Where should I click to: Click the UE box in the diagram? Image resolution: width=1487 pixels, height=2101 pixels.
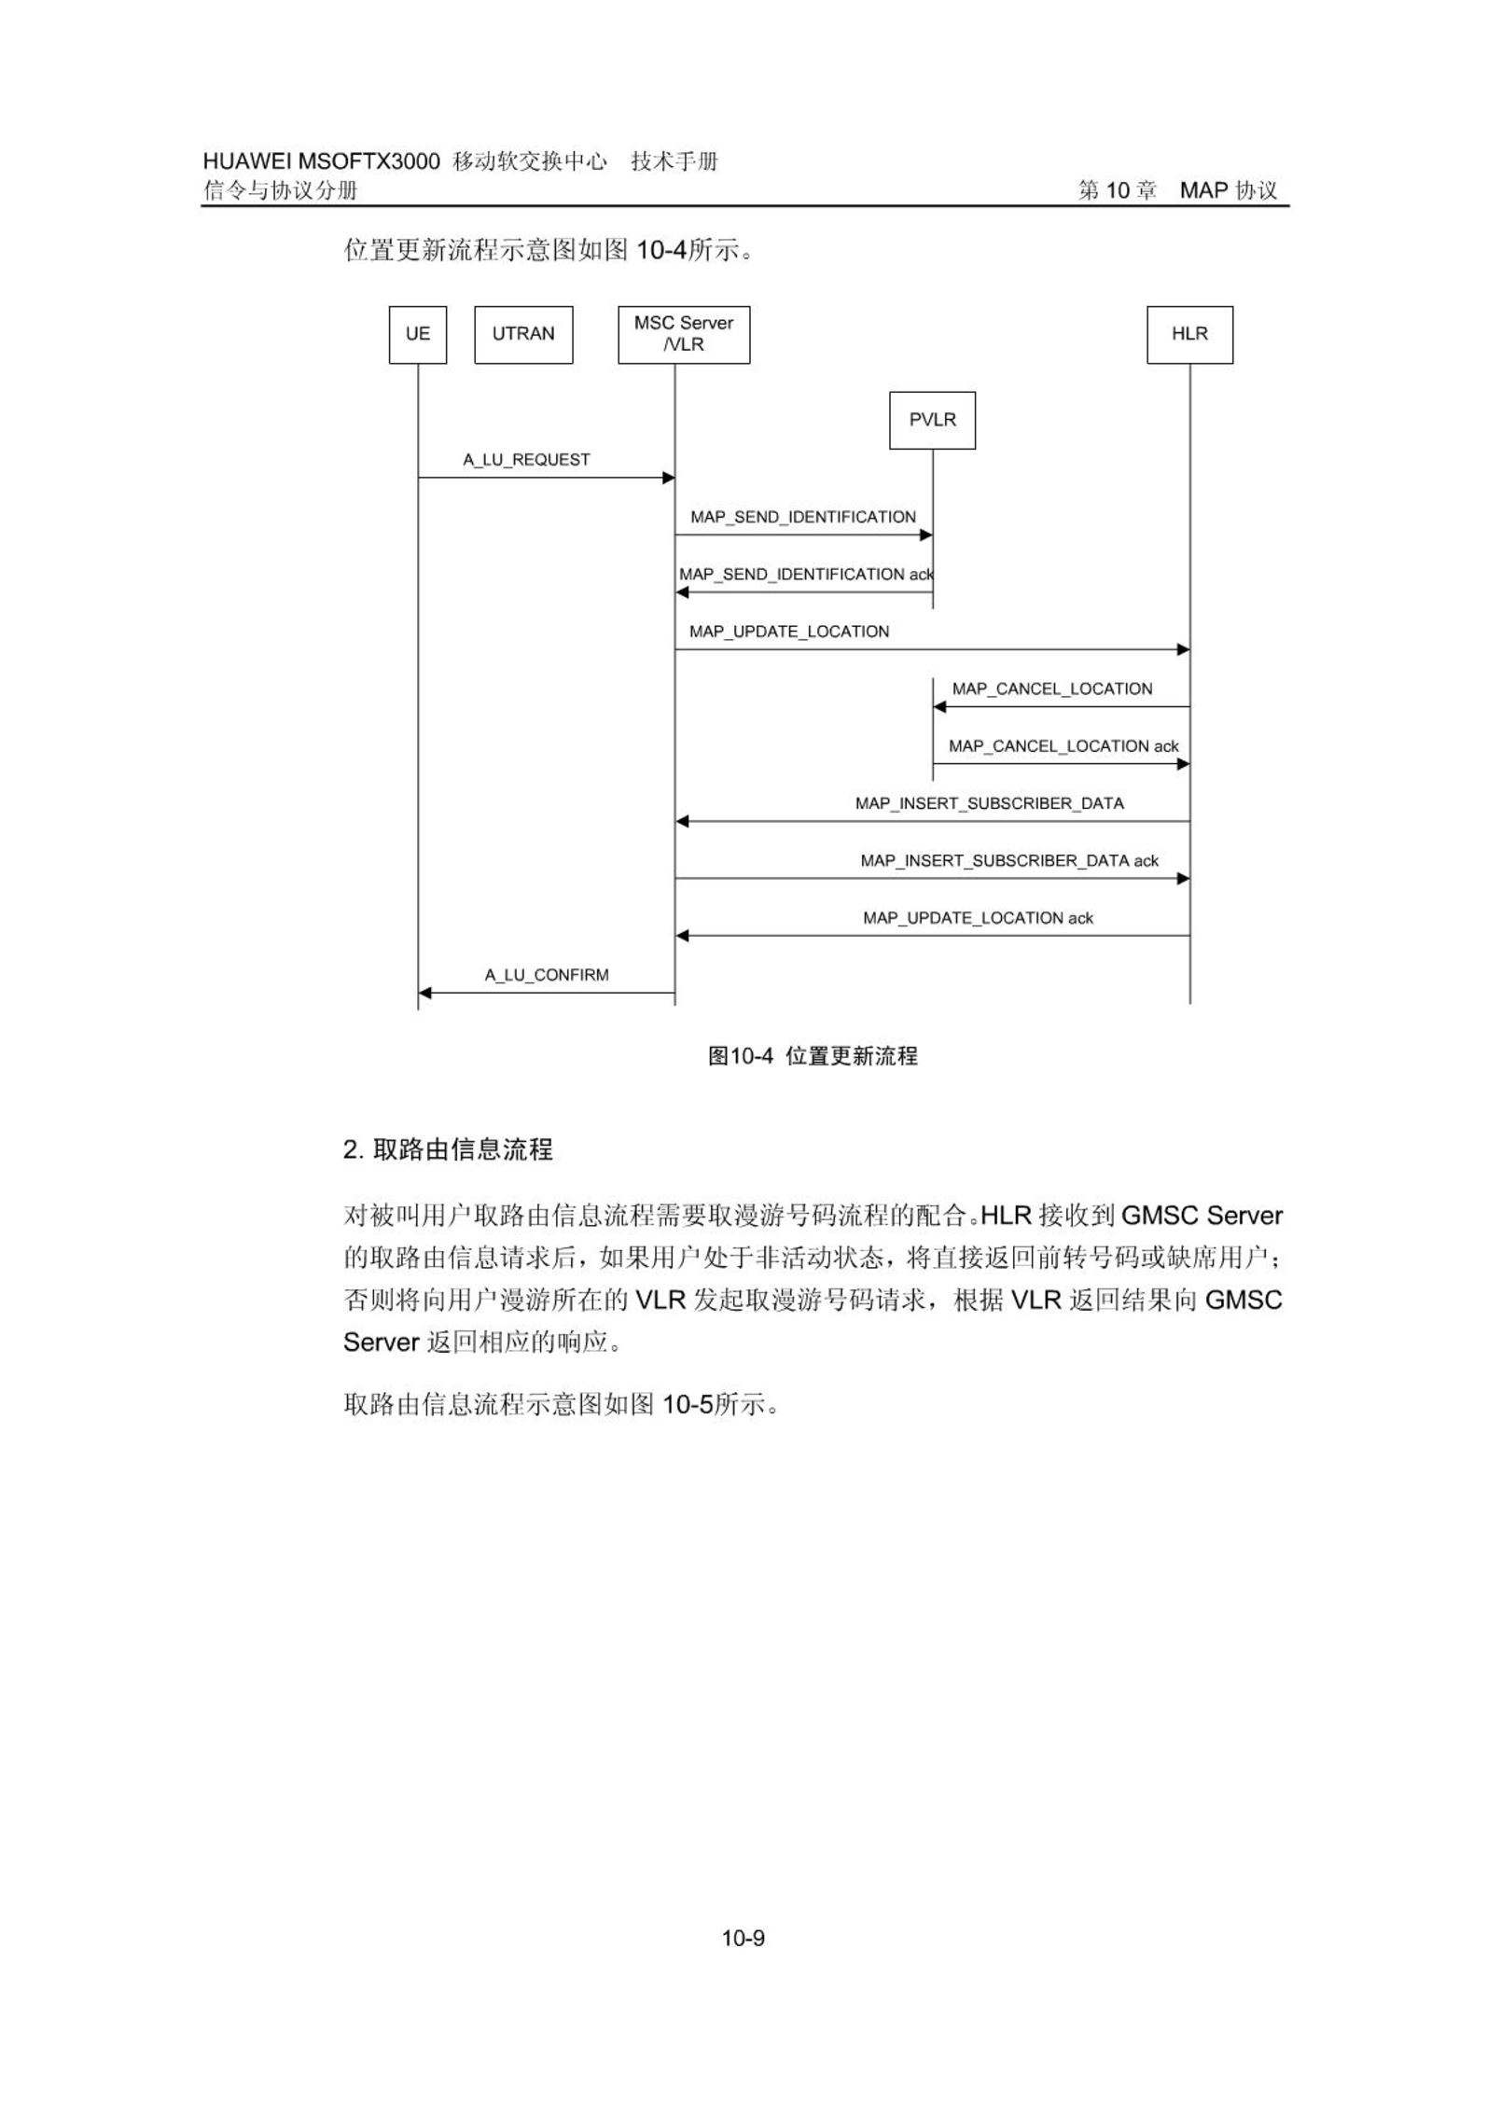[x=418, y=335]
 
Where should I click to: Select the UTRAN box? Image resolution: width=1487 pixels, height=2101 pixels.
[x=523, y=335]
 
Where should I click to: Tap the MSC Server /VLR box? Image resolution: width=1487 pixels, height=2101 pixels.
[x=684, y=335]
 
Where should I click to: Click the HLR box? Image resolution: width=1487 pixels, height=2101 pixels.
[x=1189, y=335]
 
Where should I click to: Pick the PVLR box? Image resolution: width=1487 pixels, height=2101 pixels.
[x=932, y=421]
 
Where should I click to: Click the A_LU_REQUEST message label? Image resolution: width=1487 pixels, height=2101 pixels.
[x=527, y=460]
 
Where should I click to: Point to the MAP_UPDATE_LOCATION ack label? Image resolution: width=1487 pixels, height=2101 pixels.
[x=978, y=918]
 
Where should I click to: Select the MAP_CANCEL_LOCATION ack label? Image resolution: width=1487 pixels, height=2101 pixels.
[x=1063, y=746]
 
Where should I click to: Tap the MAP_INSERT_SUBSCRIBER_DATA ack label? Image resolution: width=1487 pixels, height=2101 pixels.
[x=1009, y=861]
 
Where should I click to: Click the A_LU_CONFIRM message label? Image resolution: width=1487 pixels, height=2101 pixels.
[x=547, y=976]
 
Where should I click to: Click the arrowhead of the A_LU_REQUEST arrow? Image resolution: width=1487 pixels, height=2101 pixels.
[x=669, y=478]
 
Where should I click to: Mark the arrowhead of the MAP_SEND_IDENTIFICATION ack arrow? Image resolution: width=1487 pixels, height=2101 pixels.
[x=682, y=592]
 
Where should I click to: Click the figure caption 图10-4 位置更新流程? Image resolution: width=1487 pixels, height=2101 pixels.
[x=813, y=1056]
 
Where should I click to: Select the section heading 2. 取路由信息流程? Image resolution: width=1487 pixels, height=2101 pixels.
[x=448, y=1149]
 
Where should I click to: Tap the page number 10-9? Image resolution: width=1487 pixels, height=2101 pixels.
[x=743, y=1939]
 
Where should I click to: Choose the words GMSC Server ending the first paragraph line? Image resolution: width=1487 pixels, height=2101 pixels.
[x=1202, y=1216]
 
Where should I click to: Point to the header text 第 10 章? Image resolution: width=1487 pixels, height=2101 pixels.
[x=1118, y=190]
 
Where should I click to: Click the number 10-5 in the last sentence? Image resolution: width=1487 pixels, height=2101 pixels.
[x=688, y=1404]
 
